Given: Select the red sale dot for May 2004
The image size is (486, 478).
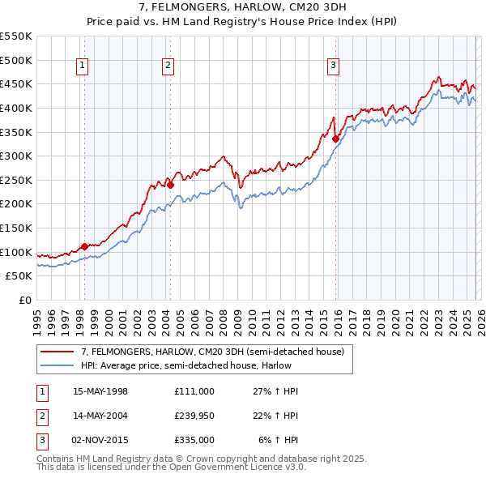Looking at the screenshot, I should tap(170, 185).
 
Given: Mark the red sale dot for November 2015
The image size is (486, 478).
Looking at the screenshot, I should tap(335, 139).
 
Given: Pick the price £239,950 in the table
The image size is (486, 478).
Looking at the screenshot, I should tap(194, 416).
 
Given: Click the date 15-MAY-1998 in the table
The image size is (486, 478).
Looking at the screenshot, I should tap(100, 391).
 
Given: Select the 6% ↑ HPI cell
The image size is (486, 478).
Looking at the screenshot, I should tap(279, 440).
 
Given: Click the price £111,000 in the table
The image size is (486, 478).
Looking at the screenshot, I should tap(194, 391).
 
